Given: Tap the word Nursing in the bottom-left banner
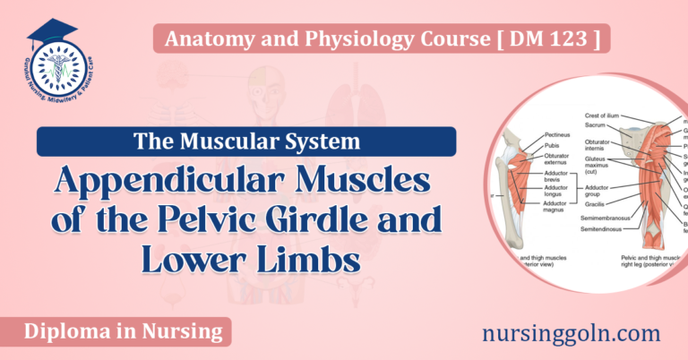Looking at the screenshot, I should point(179,332).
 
